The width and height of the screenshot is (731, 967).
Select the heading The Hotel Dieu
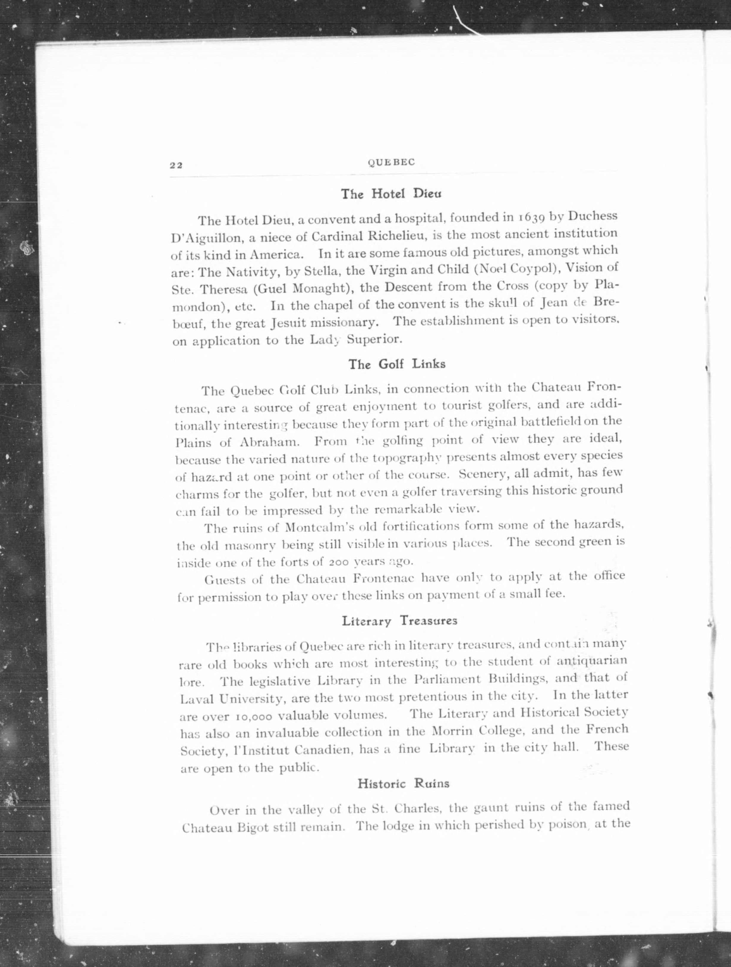click(x=391, y=194)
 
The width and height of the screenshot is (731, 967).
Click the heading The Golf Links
click(x=397, y=364)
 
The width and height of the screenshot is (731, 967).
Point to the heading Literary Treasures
click(x=399, y=621)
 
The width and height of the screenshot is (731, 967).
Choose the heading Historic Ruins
click(x=403, y=783)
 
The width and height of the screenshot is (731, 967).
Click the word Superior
click(x=374, y=339)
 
